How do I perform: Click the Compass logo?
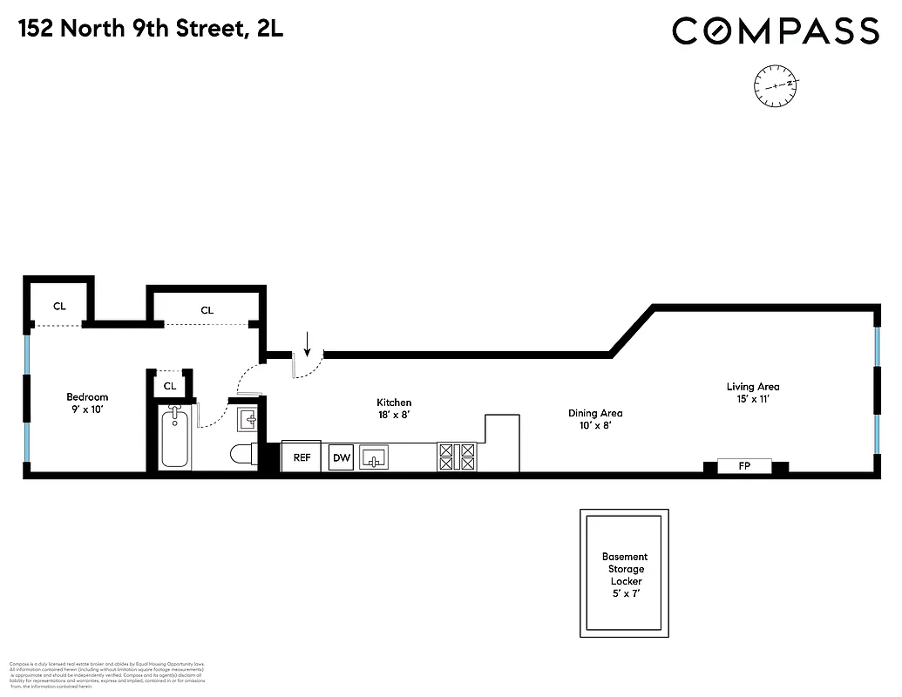coord(775,31)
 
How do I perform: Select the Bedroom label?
coord(87,403)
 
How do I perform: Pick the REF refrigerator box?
coord(302,457)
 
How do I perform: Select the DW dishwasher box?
coord(340,457)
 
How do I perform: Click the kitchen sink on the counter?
coord(378,457)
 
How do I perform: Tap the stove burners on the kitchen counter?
coord(458,457)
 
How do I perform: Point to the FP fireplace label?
coord(744,466)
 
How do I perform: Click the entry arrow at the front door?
coord(307,347)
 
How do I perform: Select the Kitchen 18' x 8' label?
coord(394,409)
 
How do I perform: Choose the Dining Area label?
coord(594,419)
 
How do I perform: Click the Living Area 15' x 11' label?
coord(753,392)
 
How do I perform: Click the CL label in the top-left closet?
coord(59,306)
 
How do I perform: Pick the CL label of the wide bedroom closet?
coord(207,310)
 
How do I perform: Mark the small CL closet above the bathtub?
coord(170,385)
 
